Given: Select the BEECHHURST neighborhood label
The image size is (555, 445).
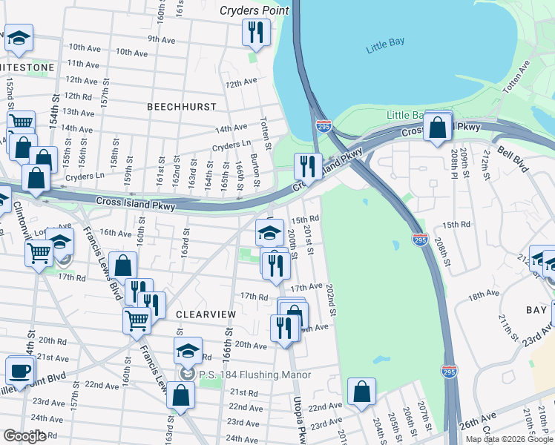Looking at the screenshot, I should [x=181, y=107].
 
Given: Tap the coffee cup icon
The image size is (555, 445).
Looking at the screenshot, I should [x=19, y=370].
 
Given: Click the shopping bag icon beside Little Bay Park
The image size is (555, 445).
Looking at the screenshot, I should [x=438, y=128].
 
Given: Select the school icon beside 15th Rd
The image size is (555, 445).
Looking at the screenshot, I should [x=269, y=233].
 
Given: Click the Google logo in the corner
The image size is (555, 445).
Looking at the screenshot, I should [x=24, y=436].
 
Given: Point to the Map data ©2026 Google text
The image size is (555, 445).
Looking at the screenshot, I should [x=509, y=439].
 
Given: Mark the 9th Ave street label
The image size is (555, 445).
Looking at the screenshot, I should [x=160, y=39].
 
